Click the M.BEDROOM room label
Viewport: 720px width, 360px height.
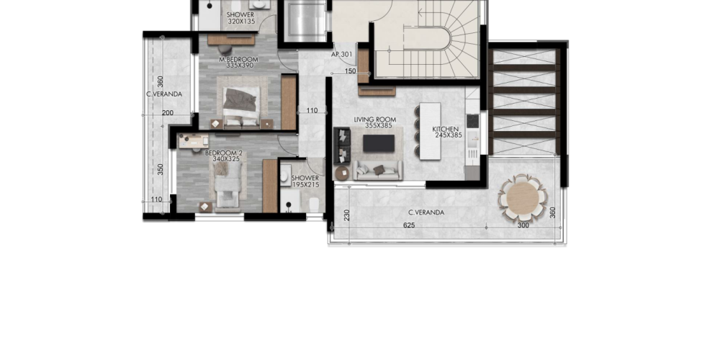(x=238, y=60)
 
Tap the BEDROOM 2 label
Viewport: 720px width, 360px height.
(x=224, y=153)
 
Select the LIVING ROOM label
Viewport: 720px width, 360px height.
(x=374, y=120)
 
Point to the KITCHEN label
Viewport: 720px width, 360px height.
(x=446, y=130)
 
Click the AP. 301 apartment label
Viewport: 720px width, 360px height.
(x=342, y=54)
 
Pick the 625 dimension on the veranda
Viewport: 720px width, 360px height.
(x=409, y=225)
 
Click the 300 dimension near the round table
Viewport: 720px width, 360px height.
(x=523, y=225)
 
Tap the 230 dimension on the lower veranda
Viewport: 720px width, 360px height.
(x=347, y=215)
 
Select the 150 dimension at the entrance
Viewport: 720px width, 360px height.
(x=351, y=71)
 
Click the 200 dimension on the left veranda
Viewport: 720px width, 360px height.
(x=168, y=113)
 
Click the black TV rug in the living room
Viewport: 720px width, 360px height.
(x=379, y=143)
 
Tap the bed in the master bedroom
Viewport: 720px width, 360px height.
(x=241, y=106)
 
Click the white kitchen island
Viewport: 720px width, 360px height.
(x=431, y=131)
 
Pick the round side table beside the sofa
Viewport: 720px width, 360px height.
(x=342, y=173)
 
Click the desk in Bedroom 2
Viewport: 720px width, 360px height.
(x=194, y=141)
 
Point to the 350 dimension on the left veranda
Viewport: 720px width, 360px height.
(x=161, y=169)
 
